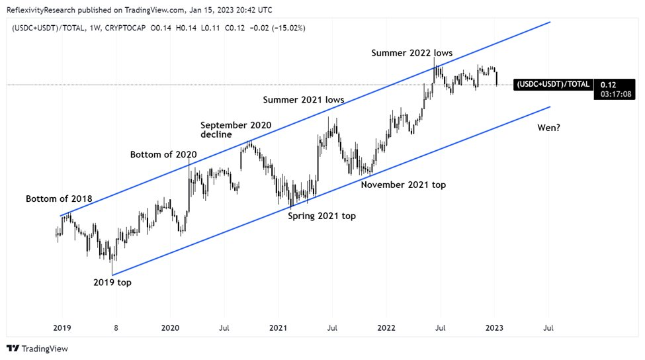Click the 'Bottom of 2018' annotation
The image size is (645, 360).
(59, 199)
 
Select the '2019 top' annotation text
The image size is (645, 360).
(112, 283)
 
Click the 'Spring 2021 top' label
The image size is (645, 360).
(322, 216)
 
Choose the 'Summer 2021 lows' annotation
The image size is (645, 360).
(304, 100)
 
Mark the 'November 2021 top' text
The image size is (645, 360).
(403, 185)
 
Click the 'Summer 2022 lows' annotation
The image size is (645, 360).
(411, 52)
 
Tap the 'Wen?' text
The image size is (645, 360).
(549, 126)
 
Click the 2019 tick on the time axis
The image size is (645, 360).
(62, 327)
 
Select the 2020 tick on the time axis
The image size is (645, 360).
(170, 327)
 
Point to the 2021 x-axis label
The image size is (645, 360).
(279, 327)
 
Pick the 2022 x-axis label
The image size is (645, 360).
(386, 327)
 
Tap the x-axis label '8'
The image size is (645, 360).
(116, 327)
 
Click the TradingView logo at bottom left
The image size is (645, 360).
(37, 349)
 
